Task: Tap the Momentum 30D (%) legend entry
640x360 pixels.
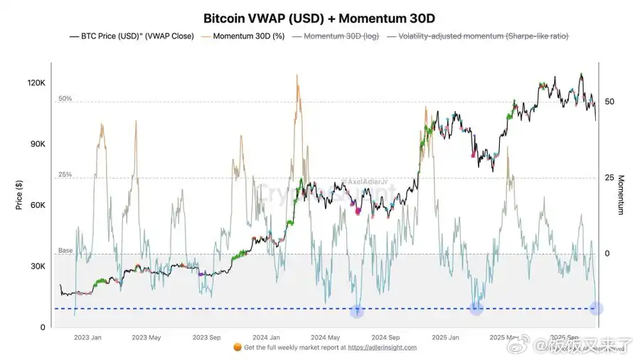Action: click(244, 36)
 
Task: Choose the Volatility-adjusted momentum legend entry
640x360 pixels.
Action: click(483, 36)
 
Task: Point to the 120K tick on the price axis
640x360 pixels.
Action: click(36, 83)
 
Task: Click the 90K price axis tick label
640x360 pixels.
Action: click(36, 144)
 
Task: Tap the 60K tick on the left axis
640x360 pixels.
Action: click(36, 206)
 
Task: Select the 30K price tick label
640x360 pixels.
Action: click(36, 267)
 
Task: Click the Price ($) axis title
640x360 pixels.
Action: click(19, 195)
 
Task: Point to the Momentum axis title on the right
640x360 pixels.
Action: click(621, 195)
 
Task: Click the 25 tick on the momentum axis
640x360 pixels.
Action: click(609, 178)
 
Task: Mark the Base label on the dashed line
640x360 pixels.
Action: click(65, 250)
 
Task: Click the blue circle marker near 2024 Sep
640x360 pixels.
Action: click(358, 310)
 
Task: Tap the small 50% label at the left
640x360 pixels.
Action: click(65, 99)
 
